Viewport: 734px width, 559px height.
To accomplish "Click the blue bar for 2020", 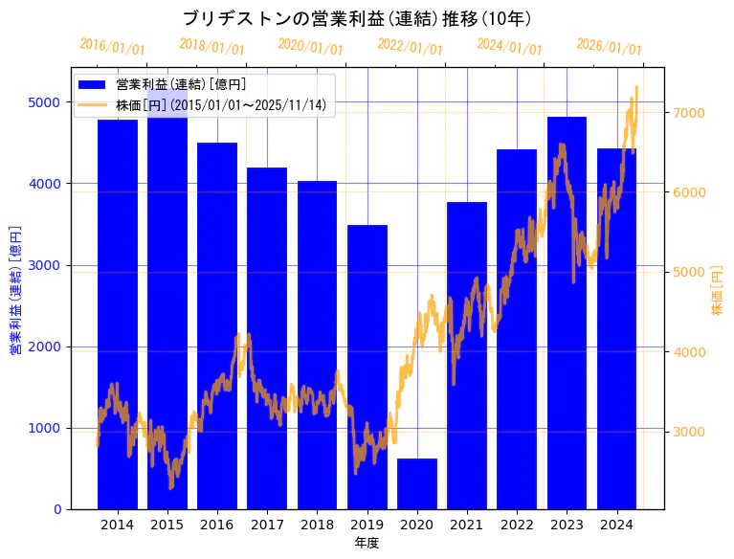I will [x=417, y=484].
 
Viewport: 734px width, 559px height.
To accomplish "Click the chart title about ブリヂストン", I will [x=357, y=18].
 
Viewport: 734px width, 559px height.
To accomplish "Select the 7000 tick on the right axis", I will [x=689, y=113].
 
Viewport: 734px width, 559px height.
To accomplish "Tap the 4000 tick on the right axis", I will [x=689, y=352].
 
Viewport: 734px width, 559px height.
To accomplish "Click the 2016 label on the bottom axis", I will [x=217, y=525].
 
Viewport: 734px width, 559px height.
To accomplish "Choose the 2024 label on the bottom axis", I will [x=616, y=525].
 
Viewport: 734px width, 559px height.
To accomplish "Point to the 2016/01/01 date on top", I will [x=112, y=47].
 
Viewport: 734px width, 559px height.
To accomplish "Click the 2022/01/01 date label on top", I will [x=410, y=47].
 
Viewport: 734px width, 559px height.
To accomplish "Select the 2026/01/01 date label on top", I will [x=609, y=47].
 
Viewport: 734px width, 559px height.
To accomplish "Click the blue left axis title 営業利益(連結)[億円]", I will [x=15, y=290].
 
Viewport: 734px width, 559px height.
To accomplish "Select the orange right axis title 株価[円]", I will [x=717, y=293].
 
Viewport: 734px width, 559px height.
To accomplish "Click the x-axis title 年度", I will [x=367, y=543].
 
